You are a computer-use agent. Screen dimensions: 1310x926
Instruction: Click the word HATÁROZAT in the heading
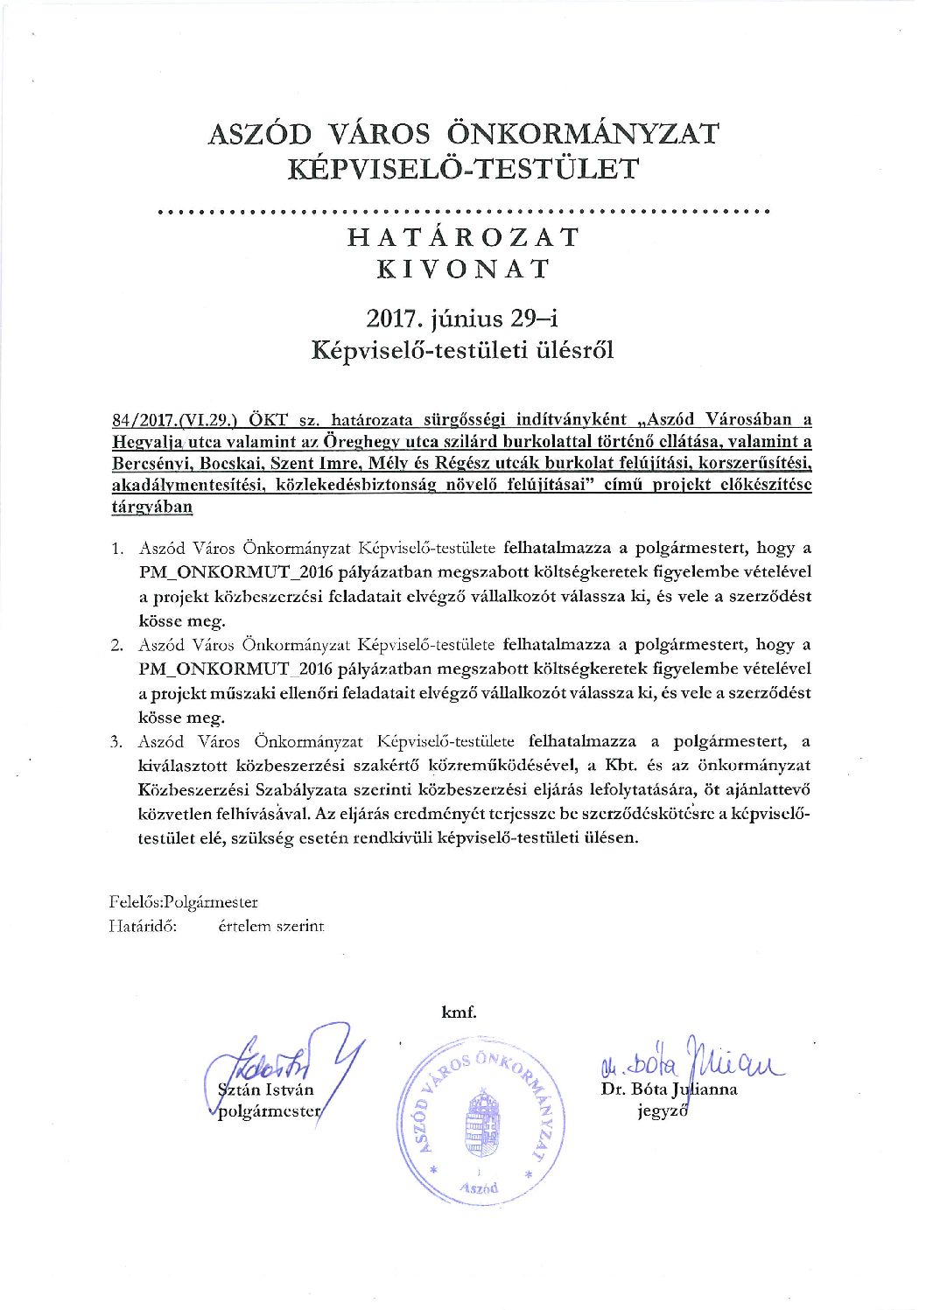pos(463,237)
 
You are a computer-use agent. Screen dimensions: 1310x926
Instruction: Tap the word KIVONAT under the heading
pos(463,269)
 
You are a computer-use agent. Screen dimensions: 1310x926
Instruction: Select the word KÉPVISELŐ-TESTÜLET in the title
pos(463,168)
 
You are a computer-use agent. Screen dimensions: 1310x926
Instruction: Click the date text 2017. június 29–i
pos(463,319)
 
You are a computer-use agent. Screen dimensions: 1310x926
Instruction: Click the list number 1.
pos(116,550)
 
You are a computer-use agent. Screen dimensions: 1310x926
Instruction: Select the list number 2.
pos(116,646)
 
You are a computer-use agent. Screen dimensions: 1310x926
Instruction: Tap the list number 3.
pos(116,742)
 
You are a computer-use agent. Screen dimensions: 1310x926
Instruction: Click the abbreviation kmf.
pos(459,1012)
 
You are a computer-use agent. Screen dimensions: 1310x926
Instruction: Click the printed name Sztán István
pos(265,1090)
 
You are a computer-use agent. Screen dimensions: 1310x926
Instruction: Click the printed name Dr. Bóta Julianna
pos(669,1089)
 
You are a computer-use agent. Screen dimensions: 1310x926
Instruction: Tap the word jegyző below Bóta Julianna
pos(663,1111)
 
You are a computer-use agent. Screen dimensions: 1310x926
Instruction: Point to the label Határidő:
pos(143,926)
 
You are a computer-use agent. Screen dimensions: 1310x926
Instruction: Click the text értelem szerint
pos(271,926)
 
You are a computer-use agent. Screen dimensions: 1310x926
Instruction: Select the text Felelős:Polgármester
pos(183,902)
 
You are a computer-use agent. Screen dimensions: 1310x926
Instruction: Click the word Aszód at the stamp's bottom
pos(479,1187)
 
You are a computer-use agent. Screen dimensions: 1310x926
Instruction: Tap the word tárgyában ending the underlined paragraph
pos(151,508)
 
